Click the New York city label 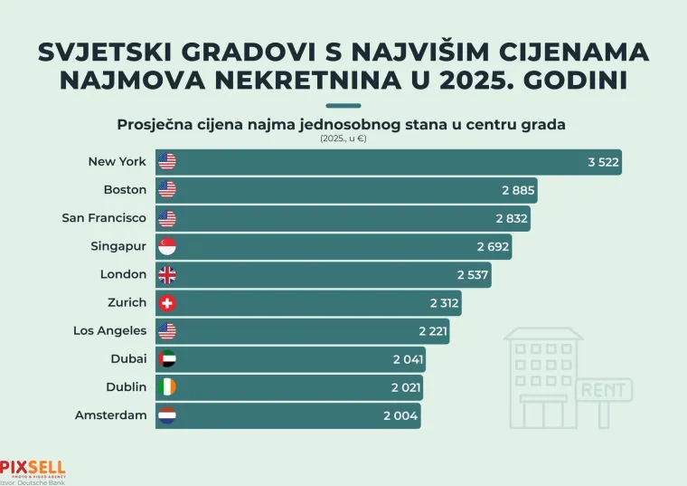coord(117,162)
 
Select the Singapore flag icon coord(166,246)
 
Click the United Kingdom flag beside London coord(166,274)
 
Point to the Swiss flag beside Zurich coord(166,302)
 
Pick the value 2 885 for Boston coord(518,190)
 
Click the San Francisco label coord(104,218)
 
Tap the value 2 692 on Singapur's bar coord(493,246)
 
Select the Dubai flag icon coord(166,359)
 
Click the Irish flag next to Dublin coord(166,387)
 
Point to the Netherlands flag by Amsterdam coord(166,415)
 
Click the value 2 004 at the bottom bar coord(401,415)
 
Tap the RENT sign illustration coord(604,390)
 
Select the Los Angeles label coord(109,331)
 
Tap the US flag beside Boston coord(166,190)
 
